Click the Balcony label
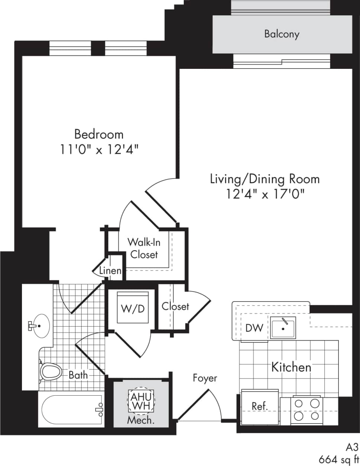click(x=282, y=34)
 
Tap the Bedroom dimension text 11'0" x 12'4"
click(x=99, y=149)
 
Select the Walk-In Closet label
click(x=144, y=248)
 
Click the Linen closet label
click(x=110, y=271)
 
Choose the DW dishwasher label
click(x=254, y=328)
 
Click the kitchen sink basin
click(x=283, y=328)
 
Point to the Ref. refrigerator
click(x=260, y=406)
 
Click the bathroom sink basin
click(x=40, y=326)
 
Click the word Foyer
click(x=205, y=378)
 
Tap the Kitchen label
click(x=291, y=367)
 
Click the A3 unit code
click(x=351, y=447)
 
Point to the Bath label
click(x=78, y=375)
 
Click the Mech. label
click(x=141, y=421)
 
